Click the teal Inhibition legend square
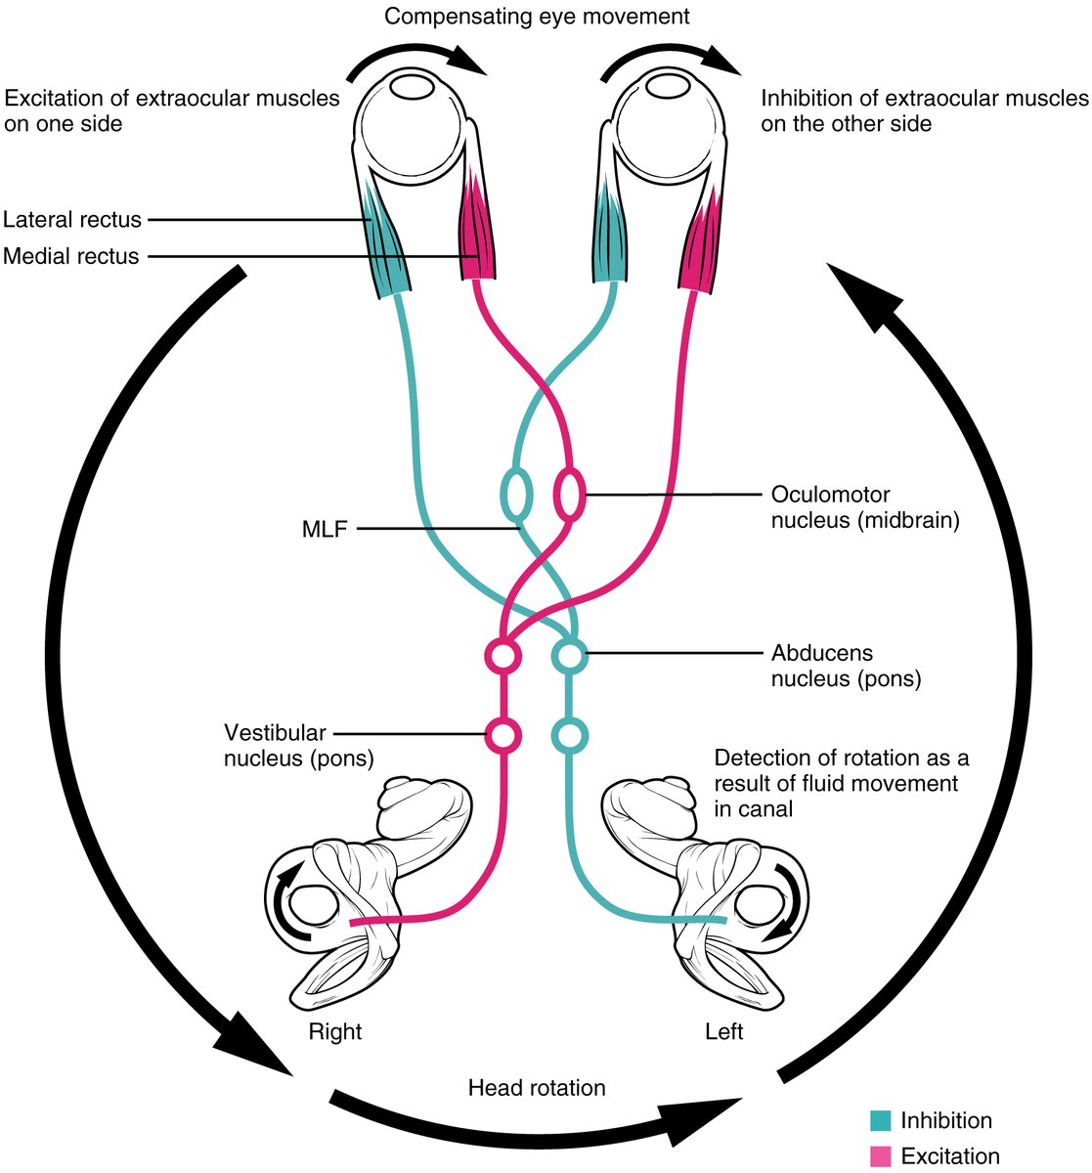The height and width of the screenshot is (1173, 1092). coord(880,1121)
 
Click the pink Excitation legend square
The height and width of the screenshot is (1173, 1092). coord(880,1156)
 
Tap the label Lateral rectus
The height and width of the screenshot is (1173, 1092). coord(72,219)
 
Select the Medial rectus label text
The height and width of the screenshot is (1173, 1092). coord(70,256)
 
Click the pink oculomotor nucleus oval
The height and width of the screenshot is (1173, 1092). coord(570,493)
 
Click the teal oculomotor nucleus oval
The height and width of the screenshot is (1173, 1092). coord(516,493)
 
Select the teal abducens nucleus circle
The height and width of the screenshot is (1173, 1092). coord(569,654)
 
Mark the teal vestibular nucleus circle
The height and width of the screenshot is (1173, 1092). coord(569,734)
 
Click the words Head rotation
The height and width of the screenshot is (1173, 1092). coord(537,1088)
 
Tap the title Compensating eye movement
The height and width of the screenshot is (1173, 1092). coord(537,16)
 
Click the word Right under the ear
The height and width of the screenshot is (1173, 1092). coord(335,1031)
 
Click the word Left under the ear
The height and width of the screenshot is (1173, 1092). coord(723,1031)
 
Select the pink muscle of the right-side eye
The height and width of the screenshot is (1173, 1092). coord(701,244)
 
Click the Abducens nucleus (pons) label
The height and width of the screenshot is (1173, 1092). coord(846,666)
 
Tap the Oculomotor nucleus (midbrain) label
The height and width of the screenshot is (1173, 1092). coord(865,507)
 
